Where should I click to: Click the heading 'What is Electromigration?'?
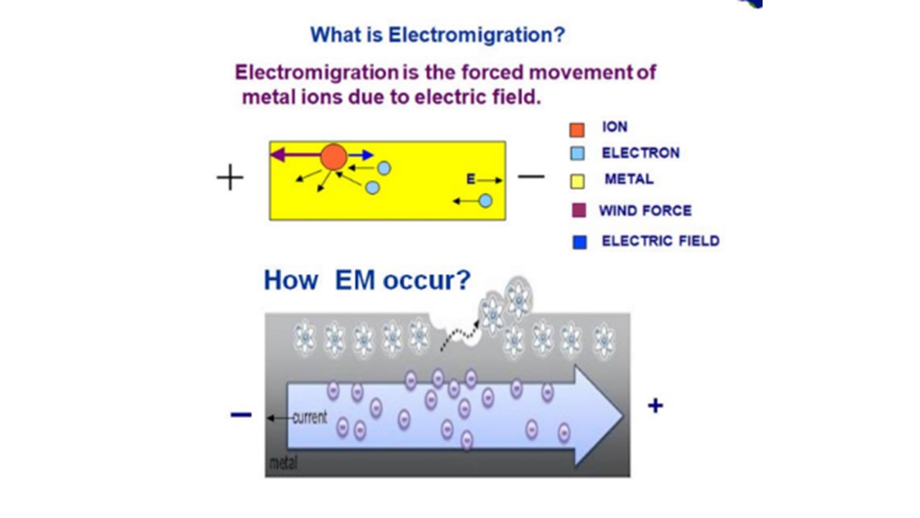click(438, 35)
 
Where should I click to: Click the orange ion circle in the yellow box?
click(333, 156)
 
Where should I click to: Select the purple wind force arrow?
click(295, 154)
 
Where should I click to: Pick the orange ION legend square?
click(576, 129)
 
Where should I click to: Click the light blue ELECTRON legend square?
click(576, 154)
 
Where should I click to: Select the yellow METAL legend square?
click(576, 181)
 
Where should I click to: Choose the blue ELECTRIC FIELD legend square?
click(579, 242)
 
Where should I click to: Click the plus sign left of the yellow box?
click(230, 177)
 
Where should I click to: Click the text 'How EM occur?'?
click(367, 280)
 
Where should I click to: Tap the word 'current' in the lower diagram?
click(310, 417)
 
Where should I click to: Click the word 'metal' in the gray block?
click(282, 464)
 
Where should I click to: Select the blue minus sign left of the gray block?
click(241, 414)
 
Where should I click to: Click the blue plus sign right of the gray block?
click(655, 406)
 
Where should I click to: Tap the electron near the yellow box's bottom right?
click(485, 201)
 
